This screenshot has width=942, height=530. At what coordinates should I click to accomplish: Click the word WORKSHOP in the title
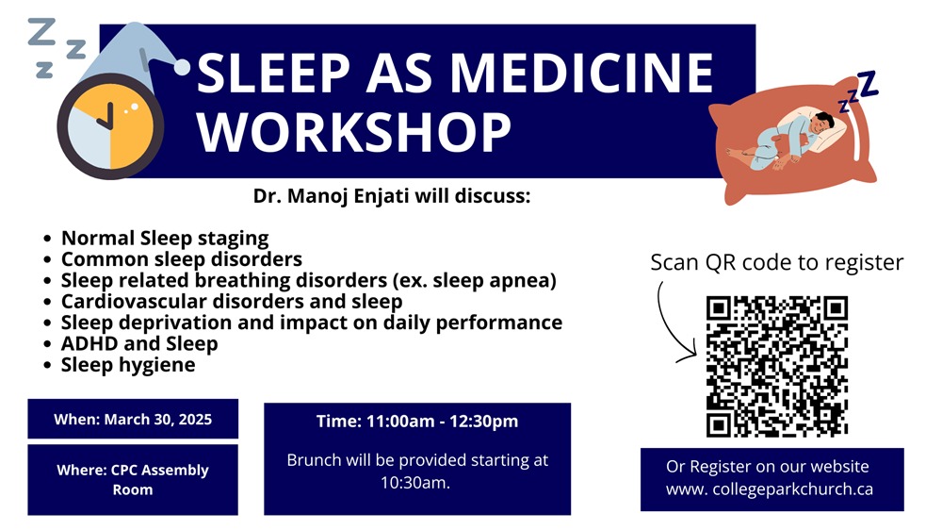[x=354, y=132]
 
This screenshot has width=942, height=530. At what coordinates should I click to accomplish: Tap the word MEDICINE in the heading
[x=581, y=73]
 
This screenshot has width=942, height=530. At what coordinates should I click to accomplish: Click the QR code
[x=777, y=366]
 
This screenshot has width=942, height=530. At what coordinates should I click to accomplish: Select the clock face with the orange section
[x=110, y=126]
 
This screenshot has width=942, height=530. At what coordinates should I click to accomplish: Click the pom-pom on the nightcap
[x=182, y=67]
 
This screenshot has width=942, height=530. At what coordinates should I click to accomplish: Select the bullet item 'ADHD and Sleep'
[x=139, y=343]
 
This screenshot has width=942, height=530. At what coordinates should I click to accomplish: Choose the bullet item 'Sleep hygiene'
[x=128, y=365]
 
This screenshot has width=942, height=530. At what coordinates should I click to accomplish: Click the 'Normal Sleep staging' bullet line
[x=165, y=239]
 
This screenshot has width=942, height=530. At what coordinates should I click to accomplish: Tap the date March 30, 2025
[x=158, y=420]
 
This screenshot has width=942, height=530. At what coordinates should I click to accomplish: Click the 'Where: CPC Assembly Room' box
[x=133, y=479]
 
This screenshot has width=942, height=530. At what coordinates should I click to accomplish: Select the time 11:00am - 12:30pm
[x=442, y=422]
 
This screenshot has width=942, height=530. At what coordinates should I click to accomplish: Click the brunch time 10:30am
[x=415, y=483]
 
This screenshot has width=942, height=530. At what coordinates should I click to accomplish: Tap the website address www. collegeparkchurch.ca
[x=769, y=489]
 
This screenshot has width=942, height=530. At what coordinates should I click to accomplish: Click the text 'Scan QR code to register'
[x=777, y=262]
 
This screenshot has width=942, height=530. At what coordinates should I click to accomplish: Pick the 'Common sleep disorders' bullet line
[x=182, y=259]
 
